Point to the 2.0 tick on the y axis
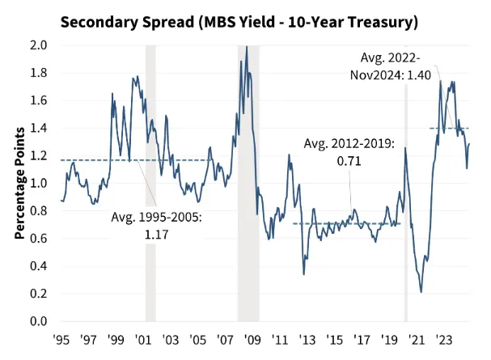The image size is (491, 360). (x=38, y=45)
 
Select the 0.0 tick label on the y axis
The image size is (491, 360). (x=38, y=322)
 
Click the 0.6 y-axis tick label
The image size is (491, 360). (x=38, y=239)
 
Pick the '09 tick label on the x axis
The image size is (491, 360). (x=252, y=338)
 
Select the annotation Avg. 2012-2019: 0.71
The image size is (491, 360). (x=349, y=151)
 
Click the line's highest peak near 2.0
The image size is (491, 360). (x=247, y=47)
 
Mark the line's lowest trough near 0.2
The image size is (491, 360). (x=421, y=292)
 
